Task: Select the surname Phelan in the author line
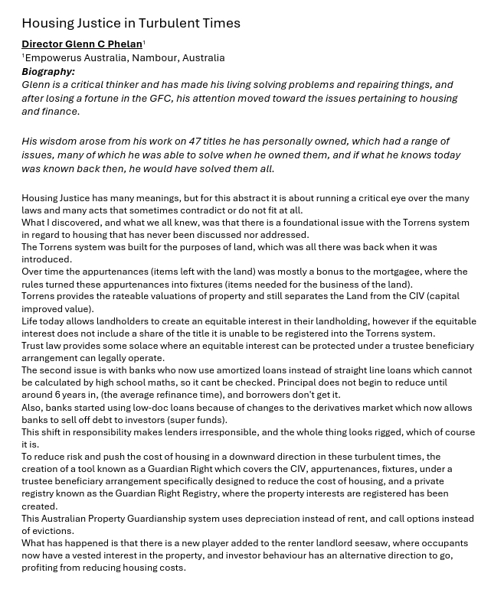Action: tap(125, 44)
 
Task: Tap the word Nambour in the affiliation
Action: tap(156, 57)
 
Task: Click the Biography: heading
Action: tap(48, 71)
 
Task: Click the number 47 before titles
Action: tap(196, 141)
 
